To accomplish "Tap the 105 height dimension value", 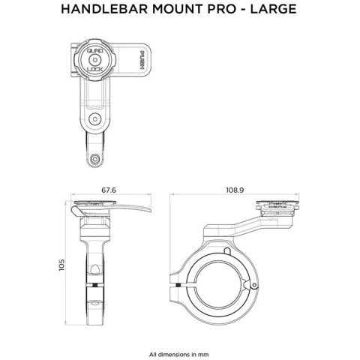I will tap(62, 265).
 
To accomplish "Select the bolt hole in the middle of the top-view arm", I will tap(94, 118).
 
